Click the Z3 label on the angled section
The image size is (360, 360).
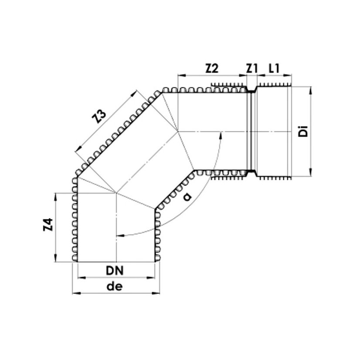[x=100, y=117]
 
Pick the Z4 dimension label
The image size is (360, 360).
[x=48, y=227]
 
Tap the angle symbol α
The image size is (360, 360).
[x=188, y=197]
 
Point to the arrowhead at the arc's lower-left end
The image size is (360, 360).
[x=120, y=235]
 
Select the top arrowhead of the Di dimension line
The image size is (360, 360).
[x=311, y=90]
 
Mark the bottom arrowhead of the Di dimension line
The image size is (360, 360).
[x=311, y=174]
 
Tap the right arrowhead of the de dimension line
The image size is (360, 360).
[x=158, y=293]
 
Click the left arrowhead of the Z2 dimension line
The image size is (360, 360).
[x=180, y=76]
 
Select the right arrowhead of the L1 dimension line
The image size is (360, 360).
[x=289, y=76]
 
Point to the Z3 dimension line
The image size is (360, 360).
[x=106, y=122]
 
